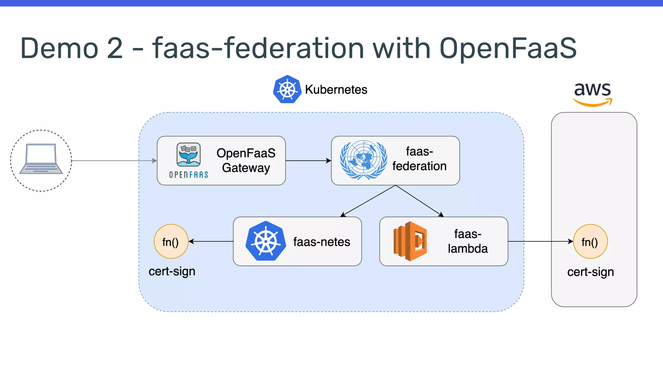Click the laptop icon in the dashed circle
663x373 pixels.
[x=41, y=159]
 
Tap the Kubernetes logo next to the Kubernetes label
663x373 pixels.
[x=287, y=89]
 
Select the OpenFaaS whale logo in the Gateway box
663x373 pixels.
[x=188, y=155]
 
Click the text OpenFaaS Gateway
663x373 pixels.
[x=246, y=160]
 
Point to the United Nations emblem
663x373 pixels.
[x=363, y=160]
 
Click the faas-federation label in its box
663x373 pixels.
[x=419, y=159]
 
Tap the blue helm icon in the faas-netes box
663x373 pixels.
[x=265, y=241]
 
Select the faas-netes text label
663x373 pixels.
[x=321, y=242]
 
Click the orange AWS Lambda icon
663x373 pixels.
[x=410, y=241]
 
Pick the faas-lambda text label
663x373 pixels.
[x=467, y=241]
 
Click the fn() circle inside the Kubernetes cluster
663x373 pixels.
[x=171, y=242]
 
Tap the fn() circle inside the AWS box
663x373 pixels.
[x=590, y=242]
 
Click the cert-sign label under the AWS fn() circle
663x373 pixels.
[x=590, y=272]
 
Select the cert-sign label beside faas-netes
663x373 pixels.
[x=172, y=271]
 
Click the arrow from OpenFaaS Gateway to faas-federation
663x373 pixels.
[x=308, y=161]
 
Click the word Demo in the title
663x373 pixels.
[x=59, y=48]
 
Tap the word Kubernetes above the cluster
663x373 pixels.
[x=336, y=90]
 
